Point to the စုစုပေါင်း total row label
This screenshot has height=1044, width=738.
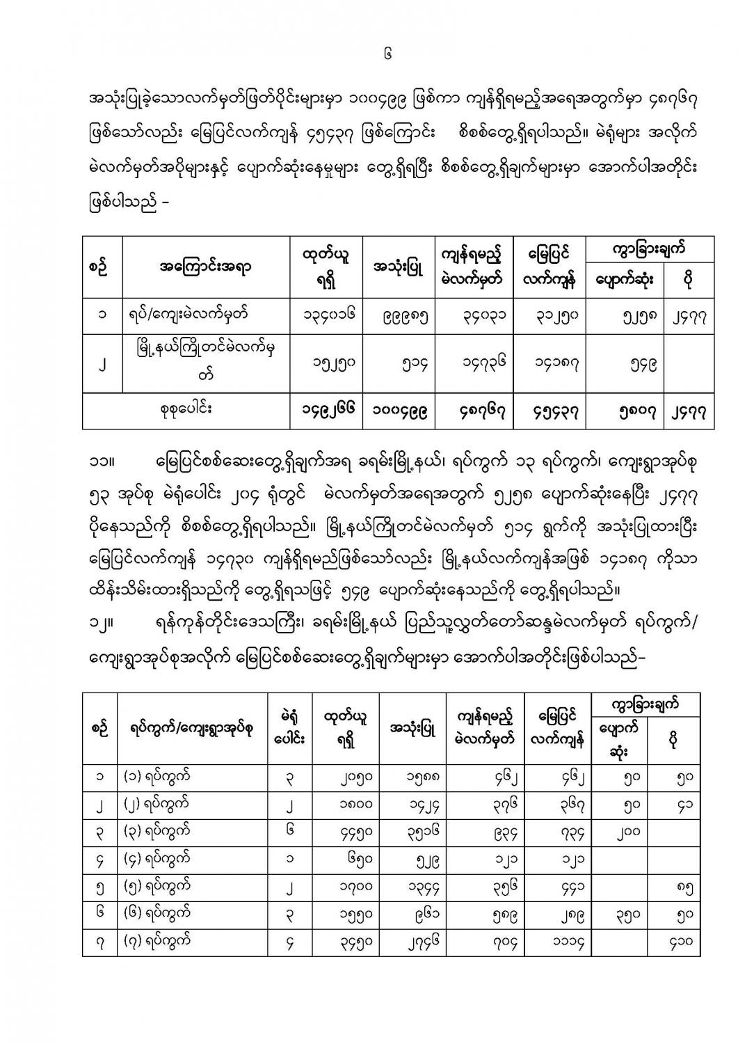coord(184,410)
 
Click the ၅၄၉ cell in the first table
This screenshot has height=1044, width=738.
coord(623,363)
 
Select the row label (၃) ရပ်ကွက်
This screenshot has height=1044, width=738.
coord(157,831)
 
